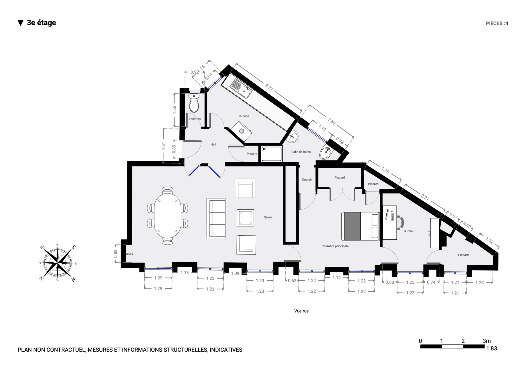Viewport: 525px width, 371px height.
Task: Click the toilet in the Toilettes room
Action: click(x=194, y=103)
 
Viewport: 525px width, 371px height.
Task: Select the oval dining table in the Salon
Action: click(x=168, y=216)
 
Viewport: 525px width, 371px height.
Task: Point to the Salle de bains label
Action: click(x=301, y=152)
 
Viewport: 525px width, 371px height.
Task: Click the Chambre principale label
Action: click(x=335, y=246)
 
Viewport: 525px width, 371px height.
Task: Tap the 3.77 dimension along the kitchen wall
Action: click(x=269, y=87)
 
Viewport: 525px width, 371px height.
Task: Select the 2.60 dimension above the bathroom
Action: click(x=331, y=121)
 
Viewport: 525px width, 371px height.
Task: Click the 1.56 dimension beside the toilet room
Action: click(x=174, y=110)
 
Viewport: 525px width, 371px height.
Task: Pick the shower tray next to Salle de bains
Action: click(x=272, y=154)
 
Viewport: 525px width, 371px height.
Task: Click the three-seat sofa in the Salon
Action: click(x=216, y=219)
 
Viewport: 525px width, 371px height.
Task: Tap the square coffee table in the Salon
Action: click(x=245, y=218)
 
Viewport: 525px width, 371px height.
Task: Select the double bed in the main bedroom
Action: click(x=360, y=226)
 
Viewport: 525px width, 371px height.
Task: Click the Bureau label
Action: click(x=409, y=231)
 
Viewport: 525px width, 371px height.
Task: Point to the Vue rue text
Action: click(x=301, y=311)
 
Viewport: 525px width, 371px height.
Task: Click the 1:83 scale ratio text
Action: click(x=492, y=349)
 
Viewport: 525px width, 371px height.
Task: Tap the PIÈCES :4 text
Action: click(x=497, y=24)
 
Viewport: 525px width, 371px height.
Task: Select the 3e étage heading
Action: click(x=41, y=23)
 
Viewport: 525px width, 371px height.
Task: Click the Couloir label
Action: click(x=307, y=180)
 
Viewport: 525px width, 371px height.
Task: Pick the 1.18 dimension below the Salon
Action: click(x=185, y=273)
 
